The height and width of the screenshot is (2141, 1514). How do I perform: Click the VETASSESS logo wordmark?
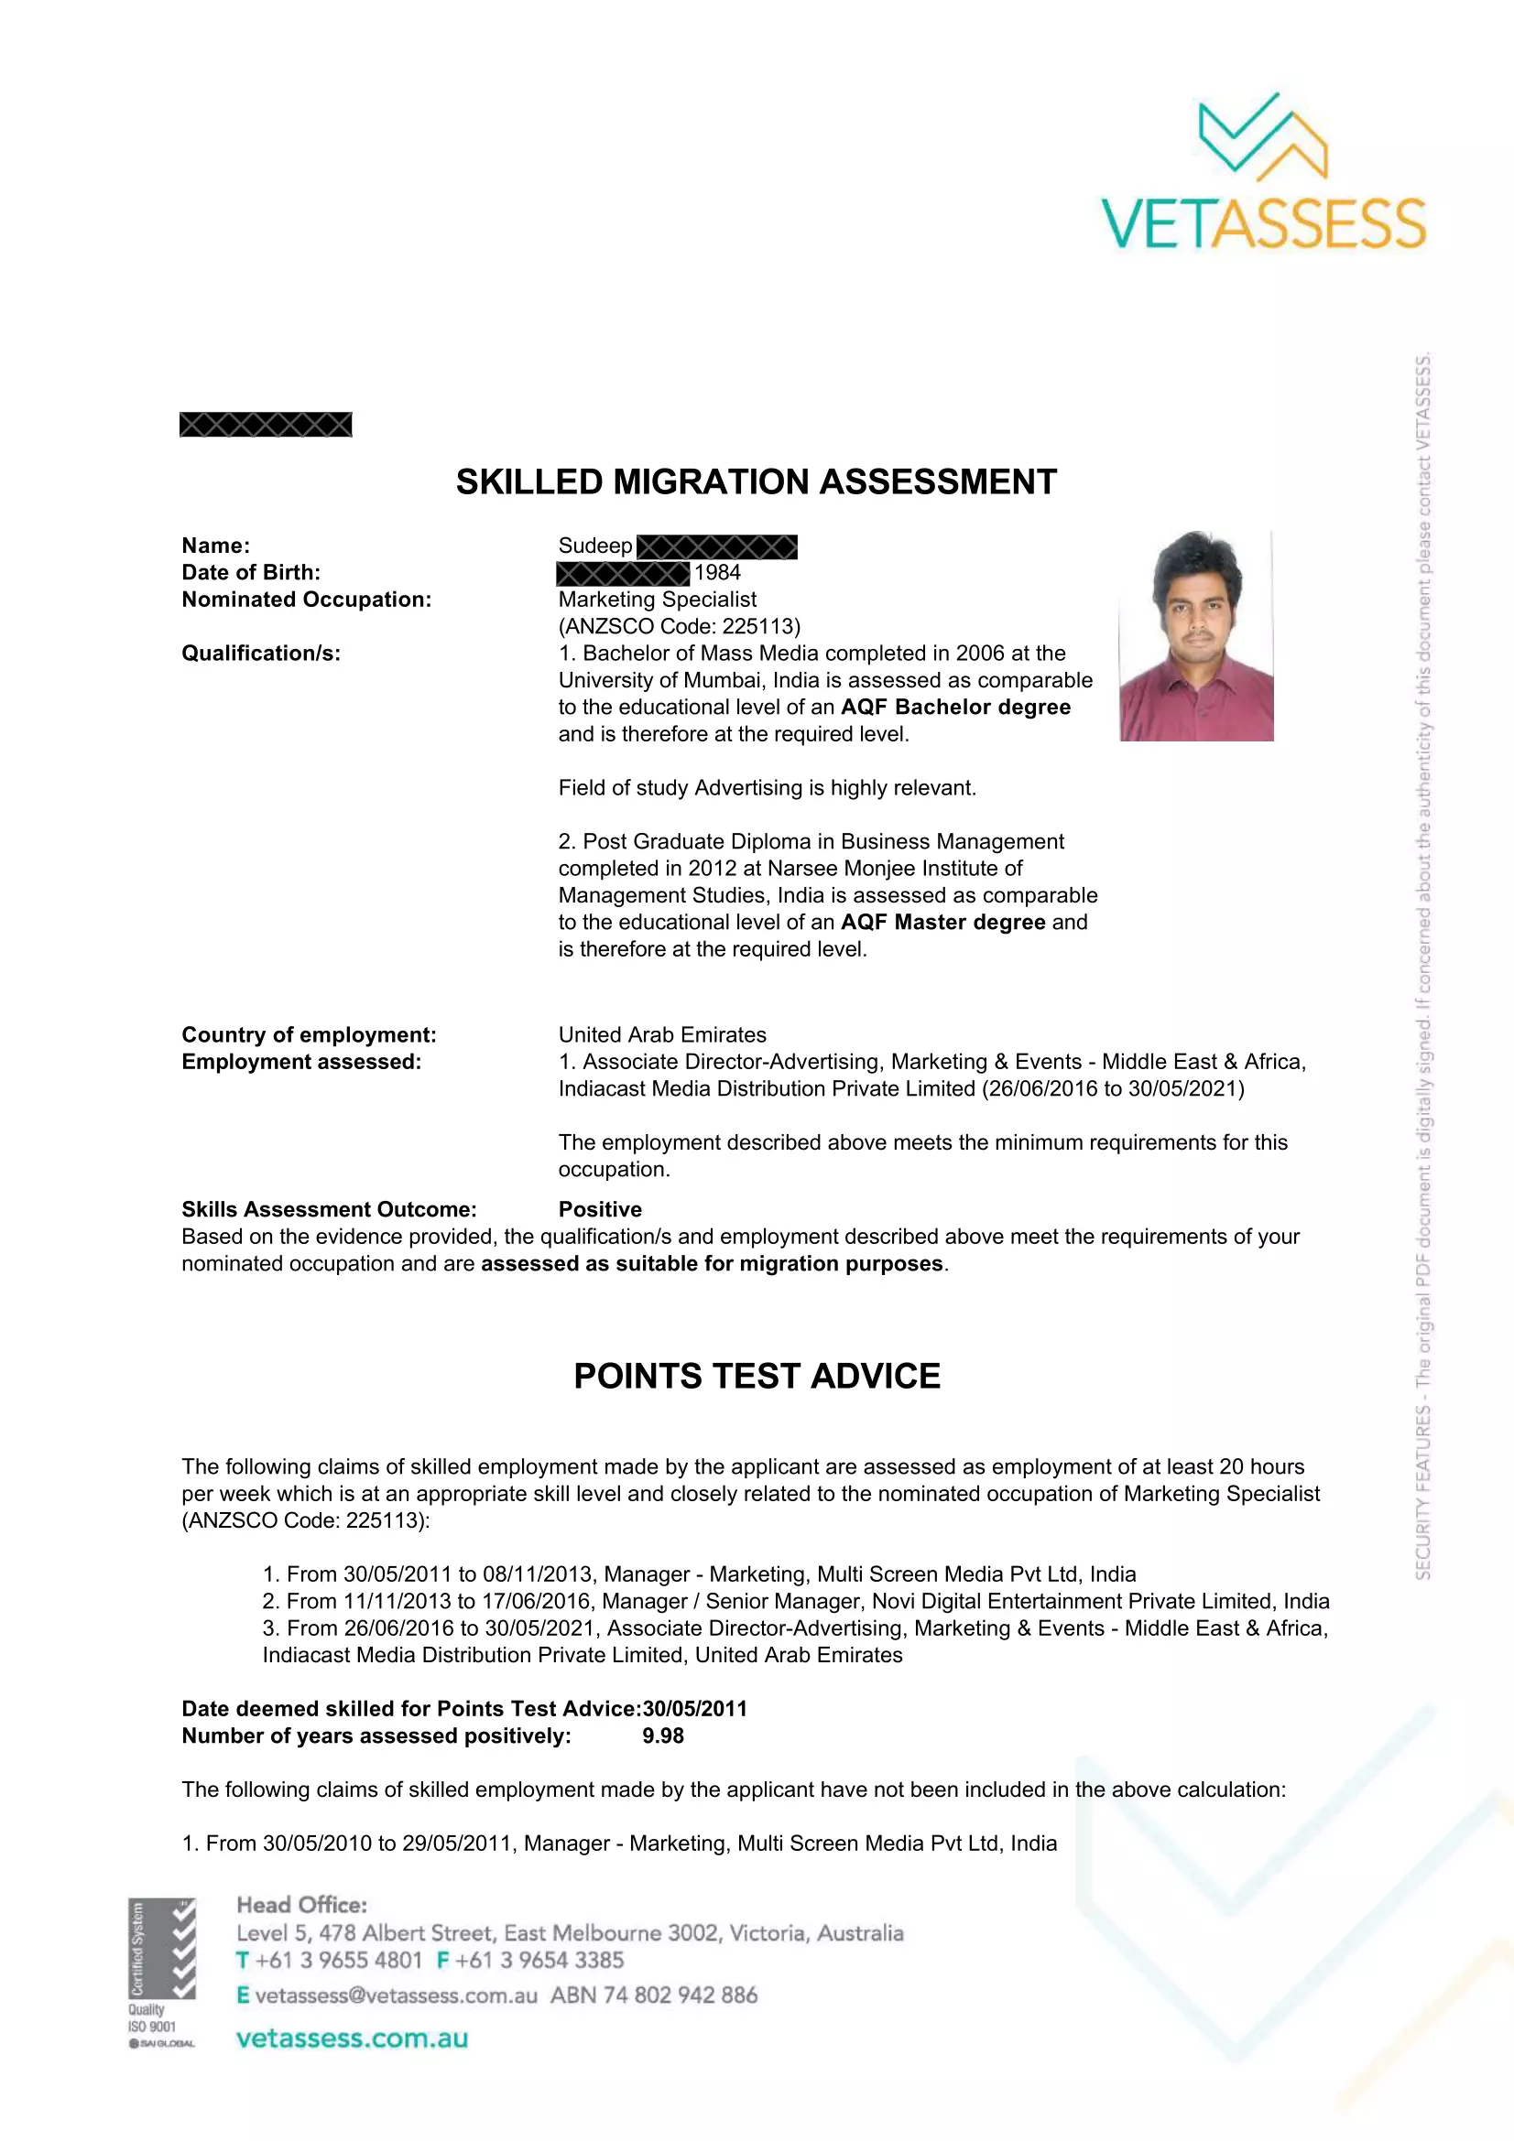coord(1263,223)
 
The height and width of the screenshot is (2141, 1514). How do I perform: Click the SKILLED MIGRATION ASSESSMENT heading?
coord(756,482)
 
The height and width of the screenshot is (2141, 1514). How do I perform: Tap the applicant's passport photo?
coord(1196,636)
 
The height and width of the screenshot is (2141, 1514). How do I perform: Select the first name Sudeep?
coord(595,546)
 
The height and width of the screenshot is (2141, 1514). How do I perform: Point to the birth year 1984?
coord(717,572)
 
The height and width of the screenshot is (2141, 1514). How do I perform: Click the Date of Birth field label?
coord(251,572)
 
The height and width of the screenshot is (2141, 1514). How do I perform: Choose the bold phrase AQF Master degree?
coord(942,923)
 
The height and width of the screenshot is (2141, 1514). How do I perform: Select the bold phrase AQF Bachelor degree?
coord(955,707)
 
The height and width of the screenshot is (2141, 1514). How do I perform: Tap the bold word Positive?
coord(600,1209)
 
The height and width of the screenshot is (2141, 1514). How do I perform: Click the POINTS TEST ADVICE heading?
coord(757,1377)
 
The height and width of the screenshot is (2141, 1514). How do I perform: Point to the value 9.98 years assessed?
coord(663,1736)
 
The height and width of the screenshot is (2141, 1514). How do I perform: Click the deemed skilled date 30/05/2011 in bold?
coord(695,1708)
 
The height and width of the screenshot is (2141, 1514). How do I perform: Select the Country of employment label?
coord(309,1035)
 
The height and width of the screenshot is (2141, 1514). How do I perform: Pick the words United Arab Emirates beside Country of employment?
coord(662,1035)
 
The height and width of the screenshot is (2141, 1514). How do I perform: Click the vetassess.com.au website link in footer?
coord(352,2038)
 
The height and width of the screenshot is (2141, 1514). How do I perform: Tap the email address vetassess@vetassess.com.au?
coord(396,1995)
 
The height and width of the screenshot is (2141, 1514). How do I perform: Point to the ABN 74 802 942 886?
coord(654,1995)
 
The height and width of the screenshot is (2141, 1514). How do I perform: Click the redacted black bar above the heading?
coord(266,426)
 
